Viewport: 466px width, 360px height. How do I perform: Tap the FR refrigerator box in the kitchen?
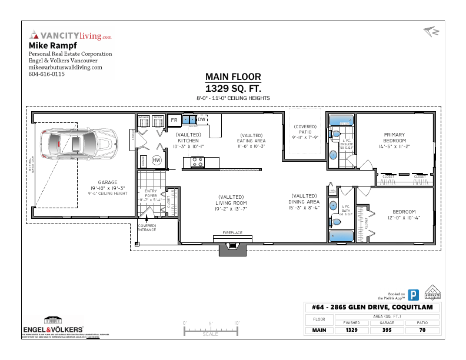(x=174, y=120)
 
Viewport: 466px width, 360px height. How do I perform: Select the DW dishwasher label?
(x=201, y=120)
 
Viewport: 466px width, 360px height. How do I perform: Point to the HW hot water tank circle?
(x=157, y=160)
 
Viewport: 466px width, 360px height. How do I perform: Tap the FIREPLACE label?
(x=232, y=233)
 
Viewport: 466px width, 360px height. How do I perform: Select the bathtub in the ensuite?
(x=341, y=121)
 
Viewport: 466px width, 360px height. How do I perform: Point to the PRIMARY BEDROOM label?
(x=395, y=138)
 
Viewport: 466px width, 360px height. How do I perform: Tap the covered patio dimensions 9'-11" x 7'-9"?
(x=305, y=138)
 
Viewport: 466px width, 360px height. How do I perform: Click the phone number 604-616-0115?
(x=46, y=75)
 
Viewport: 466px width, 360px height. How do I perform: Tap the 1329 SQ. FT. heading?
(x=233, y=88)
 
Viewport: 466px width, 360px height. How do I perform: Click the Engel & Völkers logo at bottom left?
(x=52, y=326)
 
